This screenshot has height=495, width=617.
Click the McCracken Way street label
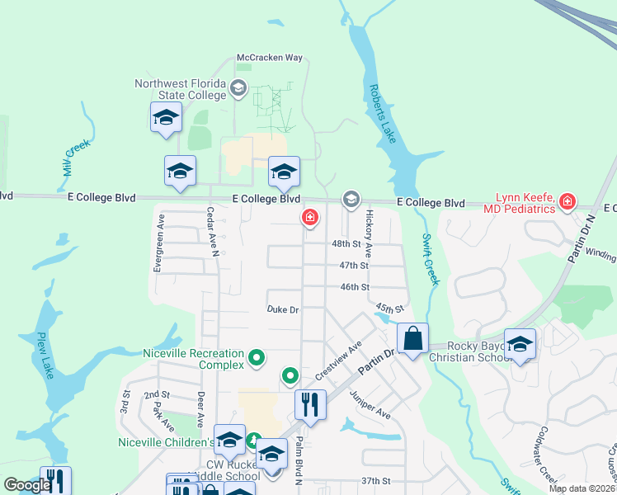click(x=270, y=58)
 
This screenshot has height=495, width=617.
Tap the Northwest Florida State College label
click(x=181, y=89)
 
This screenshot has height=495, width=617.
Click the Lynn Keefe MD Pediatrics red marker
click(x=567, y=201)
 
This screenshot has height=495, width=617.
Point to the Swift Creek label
click(x=431, y=258)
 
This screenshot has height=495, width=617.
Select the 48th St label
click(x=346, y=244)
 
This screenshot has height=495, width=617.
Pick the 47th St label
click(x=353, y=266)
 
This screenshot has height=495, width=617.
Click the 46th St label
click(x=353, y=287)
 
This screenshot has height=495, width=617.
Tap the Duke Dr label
click(x=282, y=310)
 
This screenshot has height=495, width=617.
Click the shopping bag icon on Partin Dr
click(x=412, y=338)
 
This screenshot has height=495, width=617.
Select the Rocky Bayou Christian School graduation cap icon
click(x=520, y=344)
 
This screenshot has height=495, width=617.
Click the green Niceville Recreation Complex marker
click(x=257, y=358)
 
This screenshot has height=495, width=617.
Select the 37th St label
click(x=374, y=481)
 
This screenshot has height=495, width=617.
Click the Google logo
click(x=27, y=486)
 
